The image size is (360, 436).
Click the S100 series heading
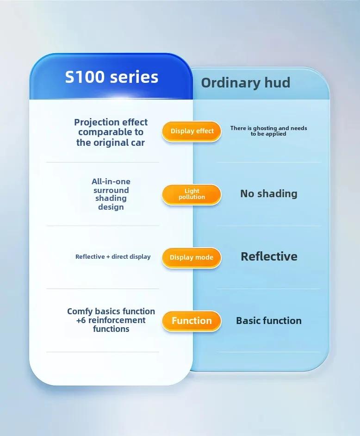112,77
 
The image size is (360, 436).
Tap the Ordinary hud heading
245,82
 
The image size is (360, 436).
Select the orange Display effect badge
192,131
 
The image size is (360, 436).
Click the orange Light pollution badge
192,194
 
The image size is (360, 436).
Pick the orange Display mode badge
192,257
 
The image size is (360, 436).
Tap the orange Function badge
192,321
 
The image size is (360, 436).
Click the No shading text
269,193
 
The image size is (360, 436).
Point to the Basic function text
269,321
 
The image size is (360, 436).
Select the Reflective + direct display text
113,257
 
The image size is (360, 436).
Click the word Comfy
79,311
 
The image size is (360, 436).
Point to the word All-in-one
111,181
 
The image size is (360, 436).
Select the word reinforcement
117,320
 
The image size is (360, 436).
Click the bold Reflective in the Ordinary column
269,256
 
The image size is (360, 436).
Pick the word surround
111,190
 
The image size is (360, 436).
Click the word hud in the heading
277,82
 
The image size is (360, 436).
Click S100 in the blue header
85,77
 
